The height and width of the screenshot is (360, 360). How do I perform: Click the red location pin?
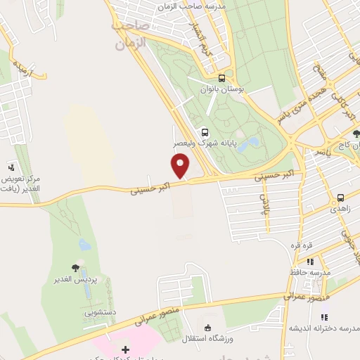(x=181, y=166)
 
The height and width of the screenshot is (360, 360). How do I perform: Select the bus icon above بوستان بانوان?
(x=221, y=78)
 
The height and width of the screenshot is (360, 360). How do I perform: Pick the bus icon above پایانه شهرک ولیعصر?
(x=205, y=131)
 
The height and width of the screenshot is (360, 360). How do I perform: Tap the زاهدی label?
(x=339, y=209)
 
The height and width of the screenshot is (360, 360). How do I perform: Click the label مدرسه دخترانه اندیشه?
(x=325, y=328)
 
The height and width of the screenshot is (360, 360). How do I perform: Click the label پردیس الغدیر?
(x=76, y=280)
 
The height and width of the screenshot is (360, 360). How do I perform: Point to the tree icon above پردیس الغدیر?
(x=75, y=267)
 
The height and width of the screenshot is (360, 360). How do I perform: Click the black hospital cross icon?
(x=125, y=349)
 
